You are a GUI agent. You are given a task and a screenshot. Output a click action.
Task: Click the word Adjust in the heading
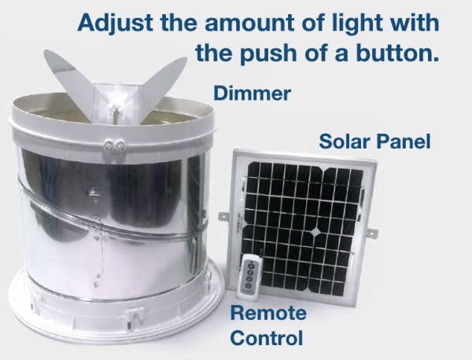pyautogui.click(x=116, y=23)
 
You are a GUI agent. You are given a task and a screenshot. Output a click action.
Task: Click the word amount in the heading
pyautogui.click(x=250, y=23)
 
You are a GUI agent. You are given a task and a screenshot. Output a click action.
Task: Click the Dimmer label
pyautogui.click(x=253, y=93)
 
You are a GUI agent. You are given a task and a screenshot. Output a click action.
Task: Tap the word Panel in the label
pyautogui.click(x=404, y=141)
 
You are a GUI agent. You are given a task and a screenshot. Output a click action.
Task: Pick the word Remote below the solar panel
pyautogui.click(x=268, y=313)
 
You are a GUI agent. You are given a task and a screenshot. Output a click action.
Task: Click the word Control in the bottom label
pyautogui.click(x=267, y=337)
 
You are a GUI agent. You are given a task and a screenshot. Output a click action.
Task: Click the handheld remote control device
pyautogui.click(x=250, y=277)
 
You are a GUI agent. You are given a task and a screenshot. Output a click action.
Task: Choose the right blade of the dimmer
pyautogui.click(x=161, y=87)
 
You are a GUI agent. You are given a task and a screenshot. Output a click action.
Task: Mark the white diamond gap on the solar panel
pyautogui.click(x=315, y=232)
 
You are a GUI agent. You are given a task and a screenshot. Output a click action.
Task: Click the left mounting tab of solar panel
pyautogui.click(x=224, y=216)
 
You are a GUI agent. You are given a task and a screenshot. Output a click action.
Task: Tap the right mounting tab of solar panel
pyautogui.click(x=372, y=233)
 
